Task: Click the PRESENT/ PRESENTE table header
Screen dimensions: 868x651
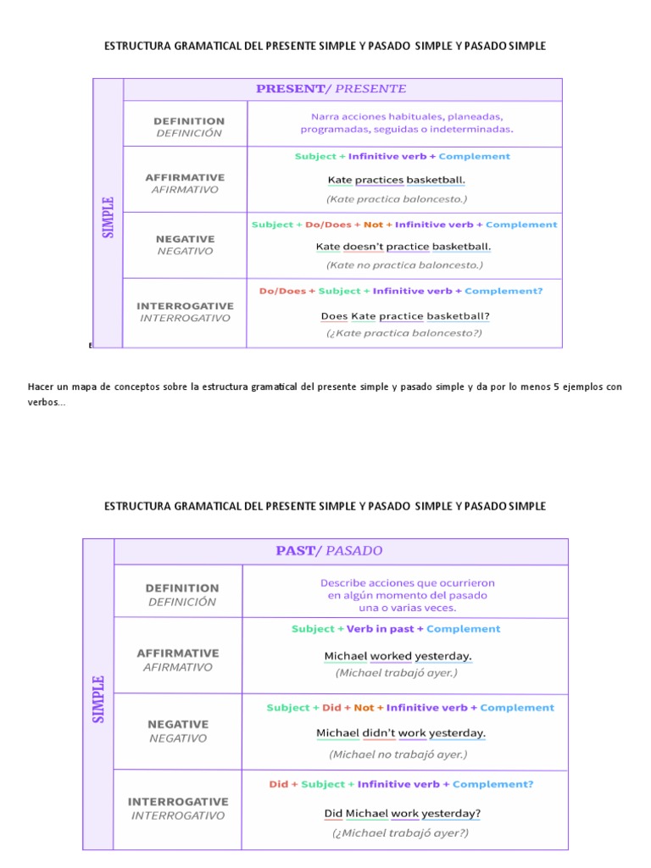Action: [x=331, y=89]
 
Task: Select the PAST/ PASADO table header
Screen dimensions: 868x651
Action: [x=329, y=551]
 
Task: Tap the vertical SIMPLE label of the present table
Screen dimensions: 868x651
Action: [x=108, y=218]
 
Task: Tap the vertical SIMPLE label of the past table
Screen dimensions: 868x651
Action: [x=98, y=698]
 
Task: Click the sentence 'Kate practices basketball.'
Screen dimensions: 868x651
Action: [x=396, y=180]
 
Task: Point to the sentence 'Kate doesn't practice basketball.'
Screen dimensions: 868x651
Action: [x=403, y=247]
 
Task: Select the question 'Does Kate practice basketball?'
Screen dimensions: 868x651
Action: [x=405, y=316]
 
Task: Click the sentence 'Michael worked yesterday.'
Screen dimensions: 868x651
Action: [x=398, y=656]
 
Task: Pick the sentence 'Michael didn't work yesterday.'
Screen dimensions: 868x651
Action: [x=401, y=733]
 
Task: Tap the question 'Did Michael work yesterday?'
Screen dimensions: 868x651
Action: [x=403, y=814]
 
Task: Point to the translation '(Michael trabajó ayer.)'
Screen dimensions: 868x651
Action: [x=396, y=673]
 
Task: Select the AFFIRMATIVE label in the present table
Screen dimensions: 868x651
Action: [x=185, y=178]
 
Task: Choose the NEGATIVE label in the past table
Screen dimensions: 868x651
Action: [x=178, y=725]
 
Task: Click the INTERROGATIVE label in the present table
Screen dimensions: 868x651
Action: [x=185, y=305]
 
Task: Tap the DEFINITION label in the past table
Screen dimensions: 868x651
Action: [x=182, y=588]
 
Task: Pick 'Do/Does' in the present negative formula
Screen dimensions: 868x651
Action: [x=325, y=225]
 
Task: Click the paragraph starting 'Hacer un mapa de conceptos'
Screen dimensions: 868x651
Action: [x=325, y=394]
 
